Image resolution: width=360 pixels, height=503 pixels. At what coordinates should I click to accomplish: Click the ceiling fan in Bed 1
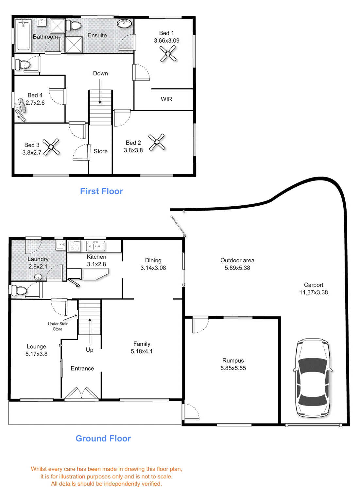tap(168, 54)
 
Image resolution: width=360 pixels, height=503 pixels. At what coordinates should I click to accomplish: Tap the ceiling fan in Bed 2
tap(157, 142)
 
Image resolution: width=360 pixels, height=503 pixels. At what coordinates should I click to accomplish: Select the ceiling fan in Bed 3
tap(51, 147)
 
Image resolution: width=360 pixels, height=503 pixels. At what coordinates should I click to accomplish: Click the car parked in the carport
tap(313, 378)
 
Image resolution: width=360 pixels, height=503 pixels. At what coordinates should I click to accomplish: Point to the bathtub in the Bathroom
tap(23, 35)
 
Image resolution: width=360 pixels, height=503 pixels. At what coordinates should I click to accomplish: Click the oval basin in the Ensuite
tap(124, 24)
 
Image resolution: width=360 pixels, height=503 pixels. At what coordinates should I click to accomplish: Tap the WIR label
tap(166, 99)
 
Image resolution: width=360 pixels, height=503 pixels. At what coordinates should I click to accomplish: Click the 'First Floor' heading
tap(101, 191)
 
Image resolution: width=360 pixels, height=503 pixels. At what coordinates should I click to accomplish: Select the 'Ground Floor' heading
tap(103, 438)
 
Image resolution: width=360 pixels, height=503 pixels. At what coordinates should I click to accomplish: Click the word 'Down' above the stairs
tap(100, 74)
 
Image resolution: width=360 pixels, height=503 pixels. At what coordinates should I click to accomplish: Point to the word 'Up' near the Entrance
tap(90, 350)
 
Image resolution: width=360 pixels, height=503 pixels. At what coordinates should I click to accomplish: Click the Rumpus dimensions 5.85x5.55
tap(233, 368)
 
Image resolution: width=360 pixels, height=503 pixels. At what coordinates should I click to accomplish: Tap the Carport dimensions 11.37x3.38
tap(313, 292)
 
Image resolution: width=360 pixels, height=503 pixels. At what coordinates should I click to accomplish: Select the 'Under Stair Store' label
tap(58, 326)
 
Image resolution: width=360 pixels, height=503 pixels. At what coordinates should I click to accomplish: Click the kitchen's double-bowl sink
tap(95, 246)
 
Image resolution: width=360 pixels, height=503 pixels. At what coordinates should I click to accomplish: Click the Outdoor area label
tap(237, 260)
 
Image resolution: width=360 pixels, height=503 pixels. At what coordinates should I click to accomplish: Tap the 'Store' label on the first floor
tap(101, 151)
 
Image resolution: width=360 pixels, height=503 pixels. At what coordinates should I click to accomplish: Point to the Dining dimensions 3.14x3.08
tap(153, 268)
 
